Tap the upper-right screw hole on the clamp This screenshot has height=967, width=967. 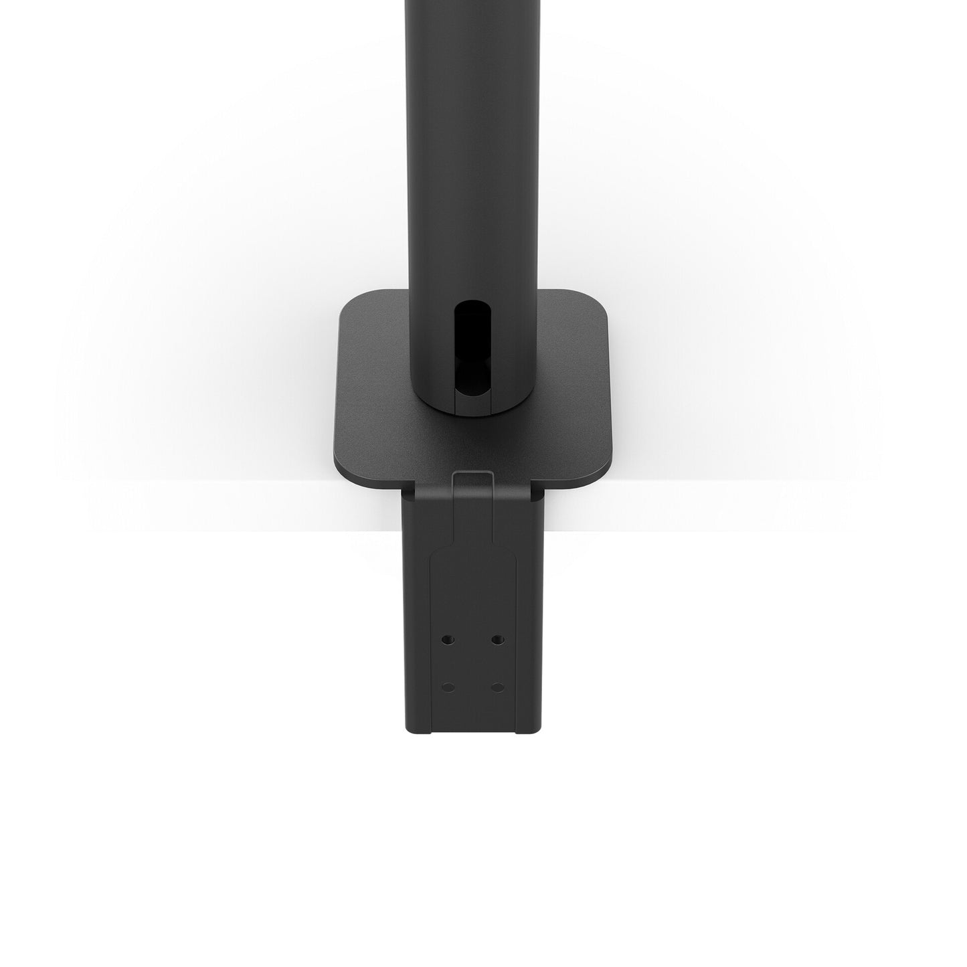(497, 640)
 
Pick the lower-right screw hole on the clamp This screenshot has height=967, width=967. (497, 687)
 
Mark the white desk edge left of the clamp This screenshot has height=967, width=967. (234, 506)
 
